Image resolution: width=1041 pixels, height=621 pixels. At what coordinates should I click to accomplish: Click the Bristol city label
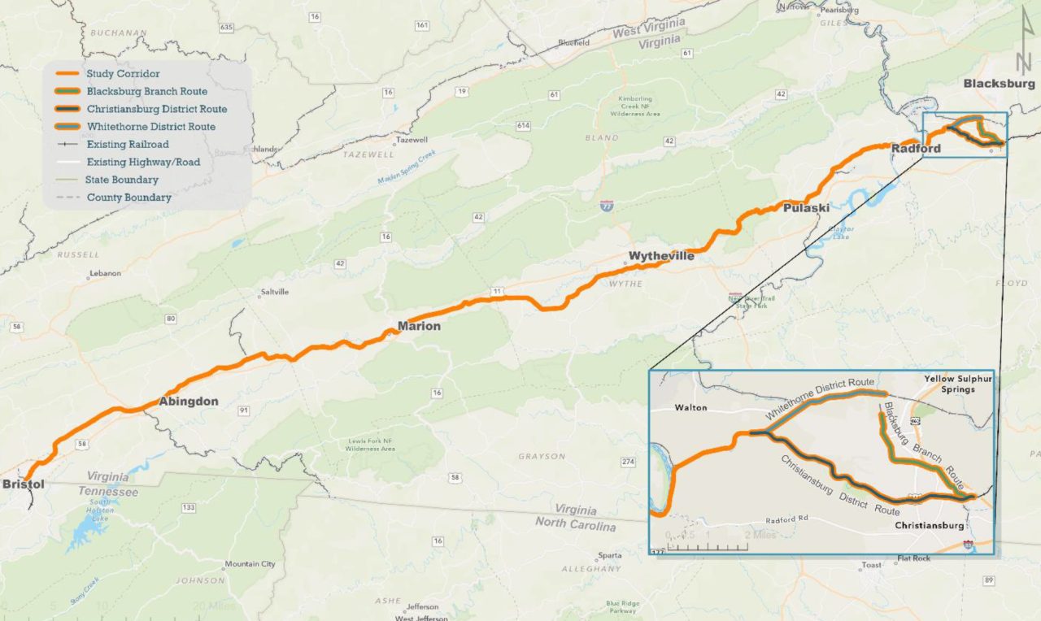[x=24, y=484]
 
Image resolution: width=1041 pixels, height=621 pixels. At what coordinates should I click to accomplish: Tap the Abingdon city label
[x=188, y=402]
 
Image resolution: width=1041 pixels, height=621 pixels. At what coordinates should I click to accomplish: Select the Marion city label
[x=419, y=327]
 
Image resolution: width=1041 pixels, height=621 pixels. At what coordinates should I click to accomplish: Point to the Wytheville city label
[x=661, y=257]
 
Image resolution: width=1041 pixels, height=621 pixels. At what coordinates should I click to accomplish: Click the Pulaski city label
[x=806, y=208]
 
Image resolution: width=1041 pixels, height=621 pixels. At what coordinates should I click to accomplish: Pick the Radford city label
[x=916, y=149]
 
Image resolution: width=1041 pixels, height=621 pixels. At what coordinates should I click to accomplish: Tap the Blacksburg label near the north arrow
[x=999, y=84]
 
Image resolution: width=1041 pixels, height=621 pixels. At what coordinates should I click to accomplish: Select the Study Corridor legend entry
[x=123, y=74]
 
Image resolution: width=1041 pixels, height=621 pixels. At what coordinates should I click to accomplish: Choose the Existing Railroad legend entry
[x=128, y=145]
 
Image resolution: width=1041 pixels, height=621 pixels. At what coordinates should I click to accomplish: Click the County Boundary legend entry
[x=128, y=198]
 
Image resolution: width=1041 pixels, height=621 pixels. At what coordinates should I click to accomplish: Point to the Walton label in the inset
[x=690, y=407]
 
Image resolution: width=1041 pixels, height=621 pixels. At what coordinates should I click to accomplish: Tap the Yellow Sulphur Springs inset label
[x=948, y=384]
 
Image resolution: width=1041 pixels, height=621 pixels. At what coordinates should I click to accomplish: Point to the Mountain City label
[x=250, y=564]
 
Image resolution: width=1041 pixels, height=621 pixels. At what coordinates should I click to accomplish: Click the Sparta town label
[x=609, y=556]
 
